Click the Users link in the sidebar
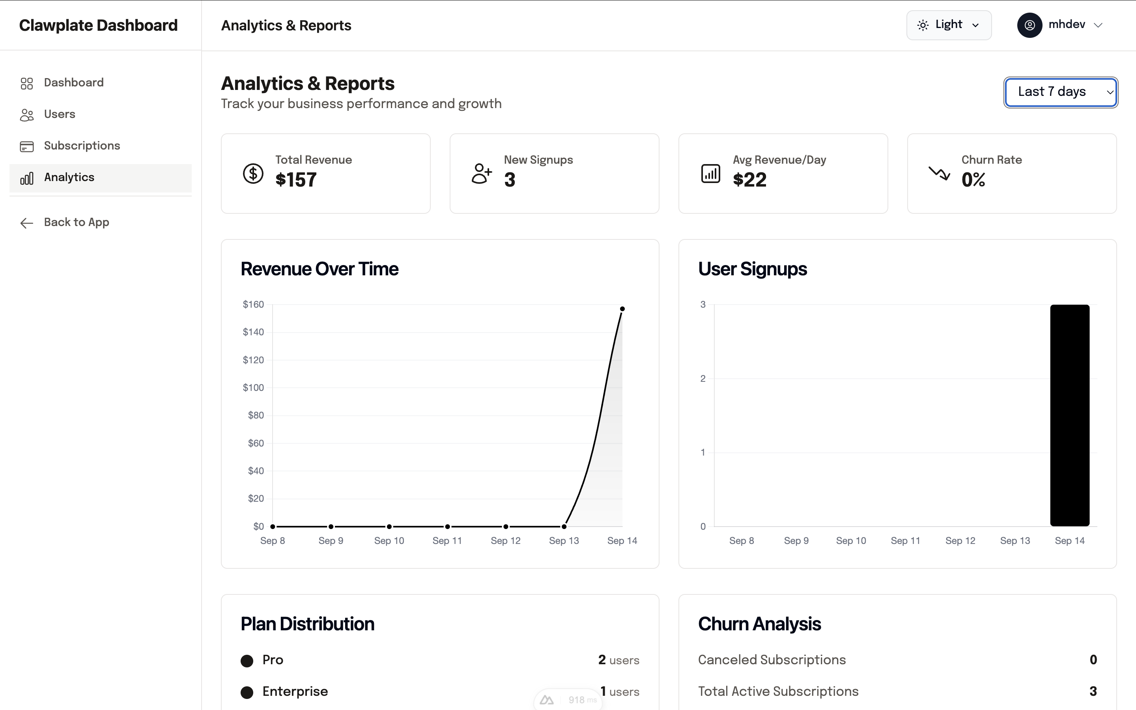coord(59,114)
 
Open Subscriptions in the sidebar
coord(82,146)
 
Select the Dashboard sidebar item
coord(73,83)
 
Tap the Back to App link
coord(76,222)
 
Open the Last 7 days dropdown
coord(1060,92)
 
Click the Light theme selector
coord(948,25)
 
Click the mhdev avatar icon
coord(1029,25)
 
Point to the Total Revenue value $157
coord(296,180)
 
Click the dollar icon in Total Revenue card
coord(253,174)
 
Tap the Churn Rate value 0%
coord(973,180)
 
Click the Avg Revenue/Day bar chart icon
coord(710,174)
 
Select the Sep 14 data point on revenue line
coord(622,309)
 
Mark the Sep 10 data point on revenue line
coord(389,527)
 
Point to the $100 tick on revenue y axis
coord(253,388)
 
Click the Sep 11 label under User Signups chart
coord(905,541)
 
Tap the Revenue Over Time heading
coord(319,269)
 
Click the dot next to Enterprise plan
coord(247,692)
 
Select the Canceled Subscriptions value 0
coord(1093,660)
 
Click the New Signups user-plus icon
coord(482,174)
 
